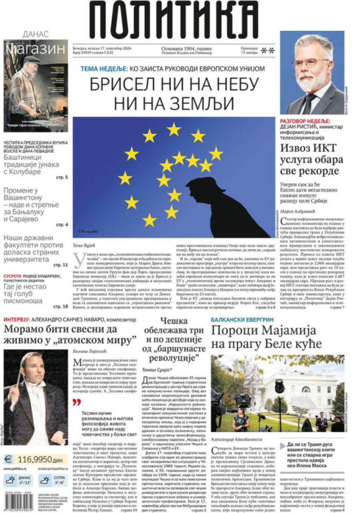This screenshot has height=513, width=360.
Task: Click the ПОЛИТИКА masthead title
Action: [173, 20]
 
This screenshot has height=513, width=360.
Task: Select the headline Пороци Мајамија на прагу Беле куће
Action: [263, 337]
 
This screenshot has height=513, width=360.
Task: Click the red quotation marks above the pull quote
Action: [76, 402]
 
